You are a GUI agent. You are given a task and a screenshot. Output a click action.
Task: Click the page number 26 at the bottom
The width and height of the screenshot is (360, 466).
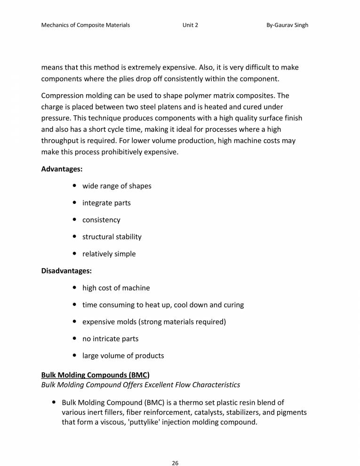pos(175,450)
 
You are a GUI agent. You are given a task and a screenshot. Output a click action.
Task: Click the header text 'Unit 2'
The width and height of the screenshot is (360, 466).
pos(190,25)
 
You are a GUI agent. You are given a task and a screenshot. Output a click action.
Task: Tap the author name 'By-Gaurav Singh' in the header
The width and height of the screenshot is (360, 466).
pos(287,25)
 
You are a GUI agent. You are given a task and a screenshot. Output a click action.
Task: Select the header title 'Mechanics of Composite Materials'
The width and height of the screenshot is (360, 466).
pos(86,25)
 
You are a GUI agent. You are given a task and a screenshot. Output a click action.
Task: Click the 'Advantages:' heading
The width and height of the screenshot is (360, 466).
pos(62,169)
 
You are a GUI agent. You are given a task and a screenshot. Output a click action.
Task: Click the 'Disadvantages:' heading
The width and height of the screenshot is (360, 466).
pos(66,271)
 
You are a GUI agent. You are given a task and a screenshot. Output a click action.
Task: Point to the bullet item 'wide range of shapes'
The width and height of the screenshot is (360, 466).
pos(117,186)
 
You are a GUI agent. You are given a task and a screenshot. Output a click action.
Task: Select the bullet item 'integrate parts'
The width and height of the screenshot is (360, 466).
pos(106,203)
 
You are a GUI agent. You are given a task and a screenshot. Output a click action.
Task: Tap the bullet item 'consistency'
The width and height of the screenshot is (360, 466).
pos(101,220)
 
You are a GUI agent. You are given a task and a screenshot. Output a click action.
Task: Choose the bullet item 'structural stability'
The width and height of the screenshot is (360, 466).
pos(112,237)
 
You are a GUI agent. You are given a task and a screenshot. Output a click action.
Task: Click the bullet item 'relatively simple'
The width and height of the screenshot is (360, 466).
pos(109,254)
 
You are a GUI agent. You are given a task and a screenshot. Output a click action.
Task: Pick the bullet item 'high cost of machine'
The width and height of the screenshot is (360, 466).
pos(116,288)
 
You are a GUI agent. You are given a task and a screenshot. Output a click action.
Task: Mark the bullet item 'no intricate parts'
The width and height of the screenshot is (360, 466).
pos(110,338)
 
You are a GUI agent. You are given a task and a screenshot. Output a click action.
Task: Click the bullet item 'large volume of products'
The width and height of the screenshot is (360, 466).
pos(123,355)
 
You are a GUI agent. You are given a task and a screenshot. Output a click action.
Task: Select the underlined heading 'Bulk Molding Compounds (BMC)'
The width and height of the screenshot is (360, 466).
pos(96,375)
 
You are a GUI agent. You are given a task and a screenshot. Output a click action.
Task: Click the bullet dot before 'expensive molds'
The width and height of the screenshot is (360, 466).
pos(76,321)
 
